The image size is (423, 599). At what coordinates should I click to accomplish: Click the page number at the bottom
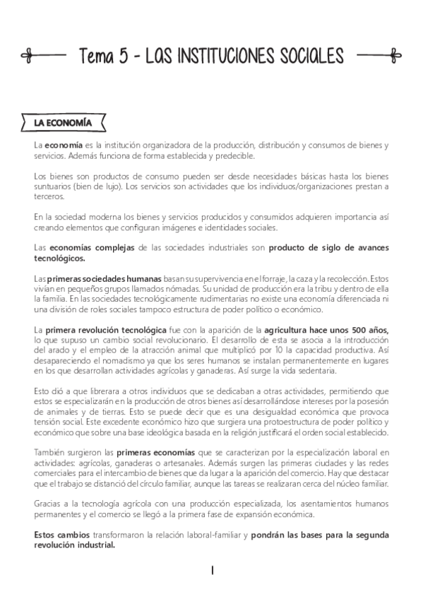[212, 569]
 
